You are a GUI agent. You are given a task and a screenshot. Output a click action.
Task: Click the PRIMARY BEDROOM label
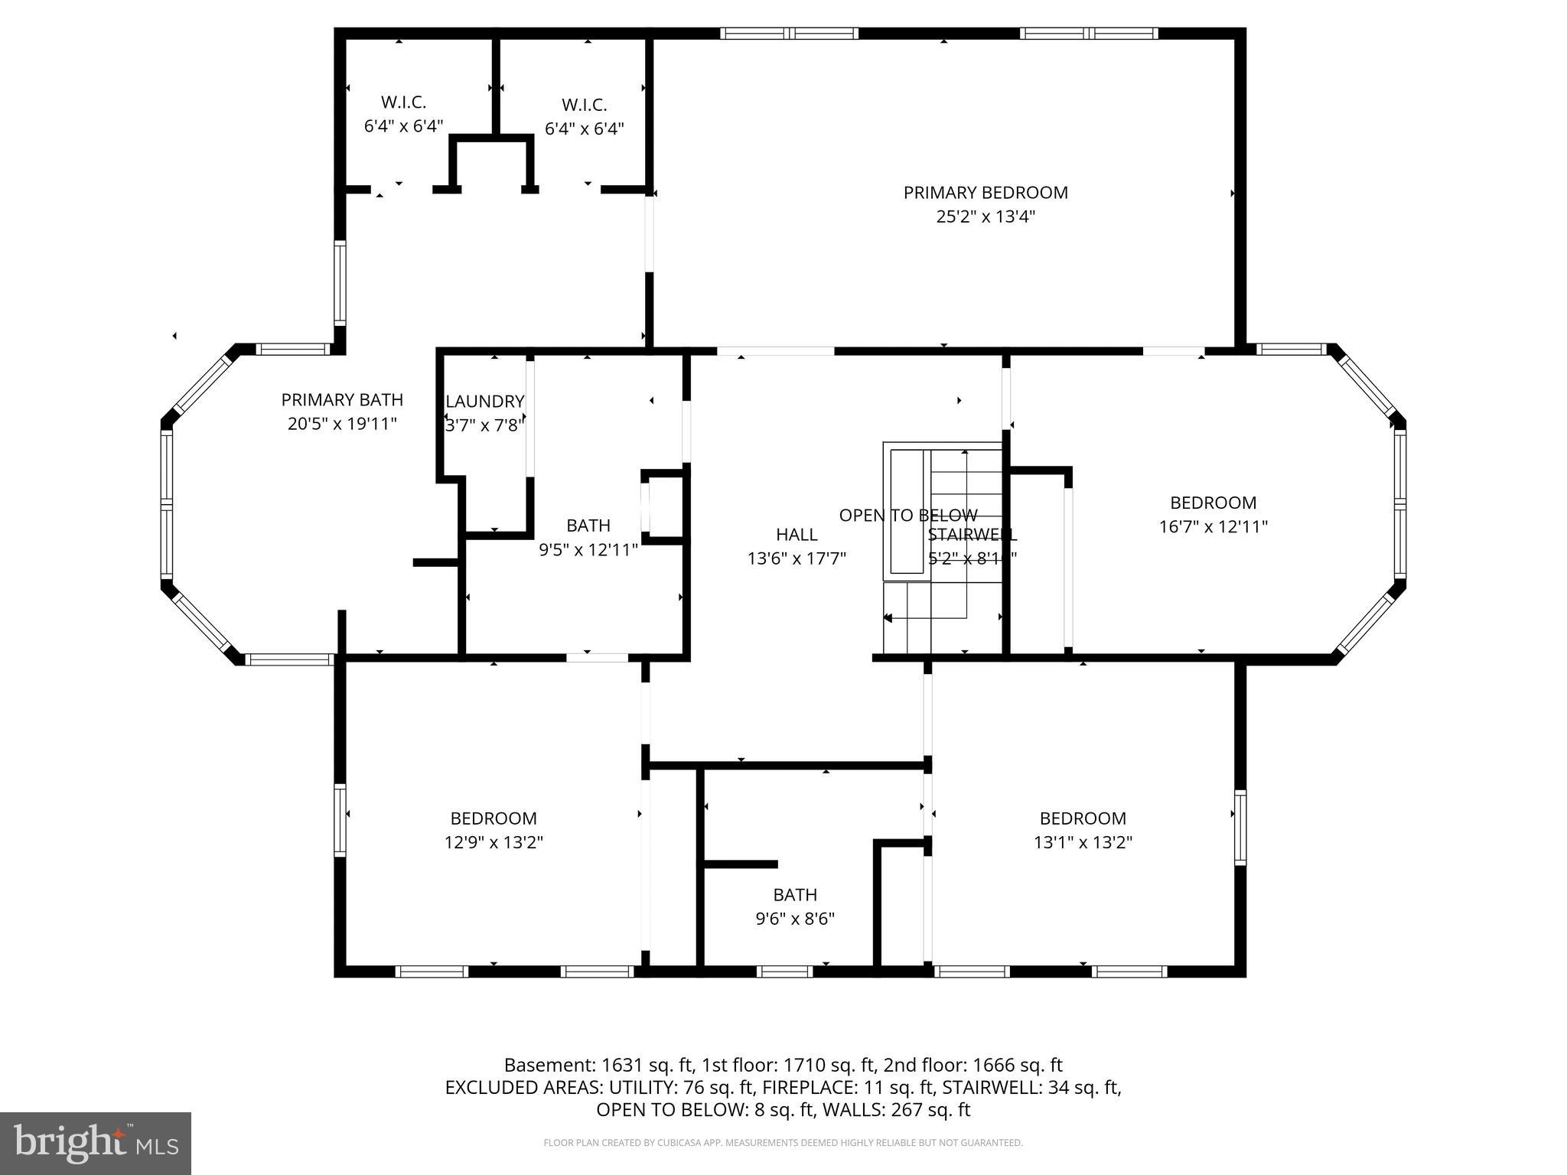tap(985, 193)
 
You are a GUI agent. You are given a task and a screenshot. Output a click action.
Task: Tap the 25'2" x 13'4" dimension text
tap(985, 216)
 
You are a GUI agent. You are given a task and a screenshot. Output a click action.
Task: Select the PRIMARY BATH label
tap(342, 399)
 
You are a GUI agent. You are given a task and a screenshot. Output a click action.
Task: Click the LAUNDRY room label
tap(484, 401)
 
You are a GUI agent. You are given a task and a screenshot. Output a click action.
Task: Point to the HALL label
tap(797, 535)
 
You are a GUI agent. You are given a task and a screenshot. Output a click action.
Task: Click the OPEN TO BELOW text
tap(907, 515)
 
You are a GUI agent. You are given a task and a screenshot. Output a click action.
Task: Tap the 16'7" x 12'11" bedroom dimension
tap(1213, 526)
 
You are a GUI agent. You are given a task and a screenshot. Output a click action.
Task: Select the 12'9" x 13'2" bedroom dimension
tap(494, 842)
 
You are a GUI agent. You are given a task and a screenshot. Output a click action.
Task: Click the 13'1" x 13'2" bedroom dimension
tap(1082, 842)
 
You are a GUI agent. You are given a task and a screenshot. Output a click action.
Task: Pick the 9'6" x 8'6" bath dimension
tap(794, 919)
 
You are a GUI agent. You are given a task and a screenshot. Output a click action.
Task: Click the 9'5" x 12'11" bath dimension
tap(588, 549)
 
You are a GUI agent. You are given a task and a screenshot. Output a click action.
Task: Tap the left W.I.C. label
tap(403, 102)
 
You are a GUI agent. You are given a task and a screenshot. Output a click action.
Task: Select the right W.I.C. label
tap(584, 105)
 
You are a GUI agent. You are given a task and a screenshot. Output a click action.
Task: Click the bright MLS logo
tap(96, 1143)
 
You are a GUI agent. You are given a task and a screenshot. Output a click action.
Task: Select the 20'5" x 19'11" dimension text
tap(342, 423)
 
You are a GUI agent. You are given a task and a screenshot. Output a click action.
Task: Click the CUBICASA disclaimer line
tap(783, 1143)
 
